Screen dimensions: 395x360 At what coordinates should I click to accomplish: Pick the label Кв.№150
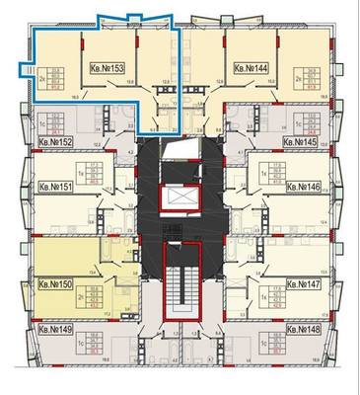click(x=55, y=284)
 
